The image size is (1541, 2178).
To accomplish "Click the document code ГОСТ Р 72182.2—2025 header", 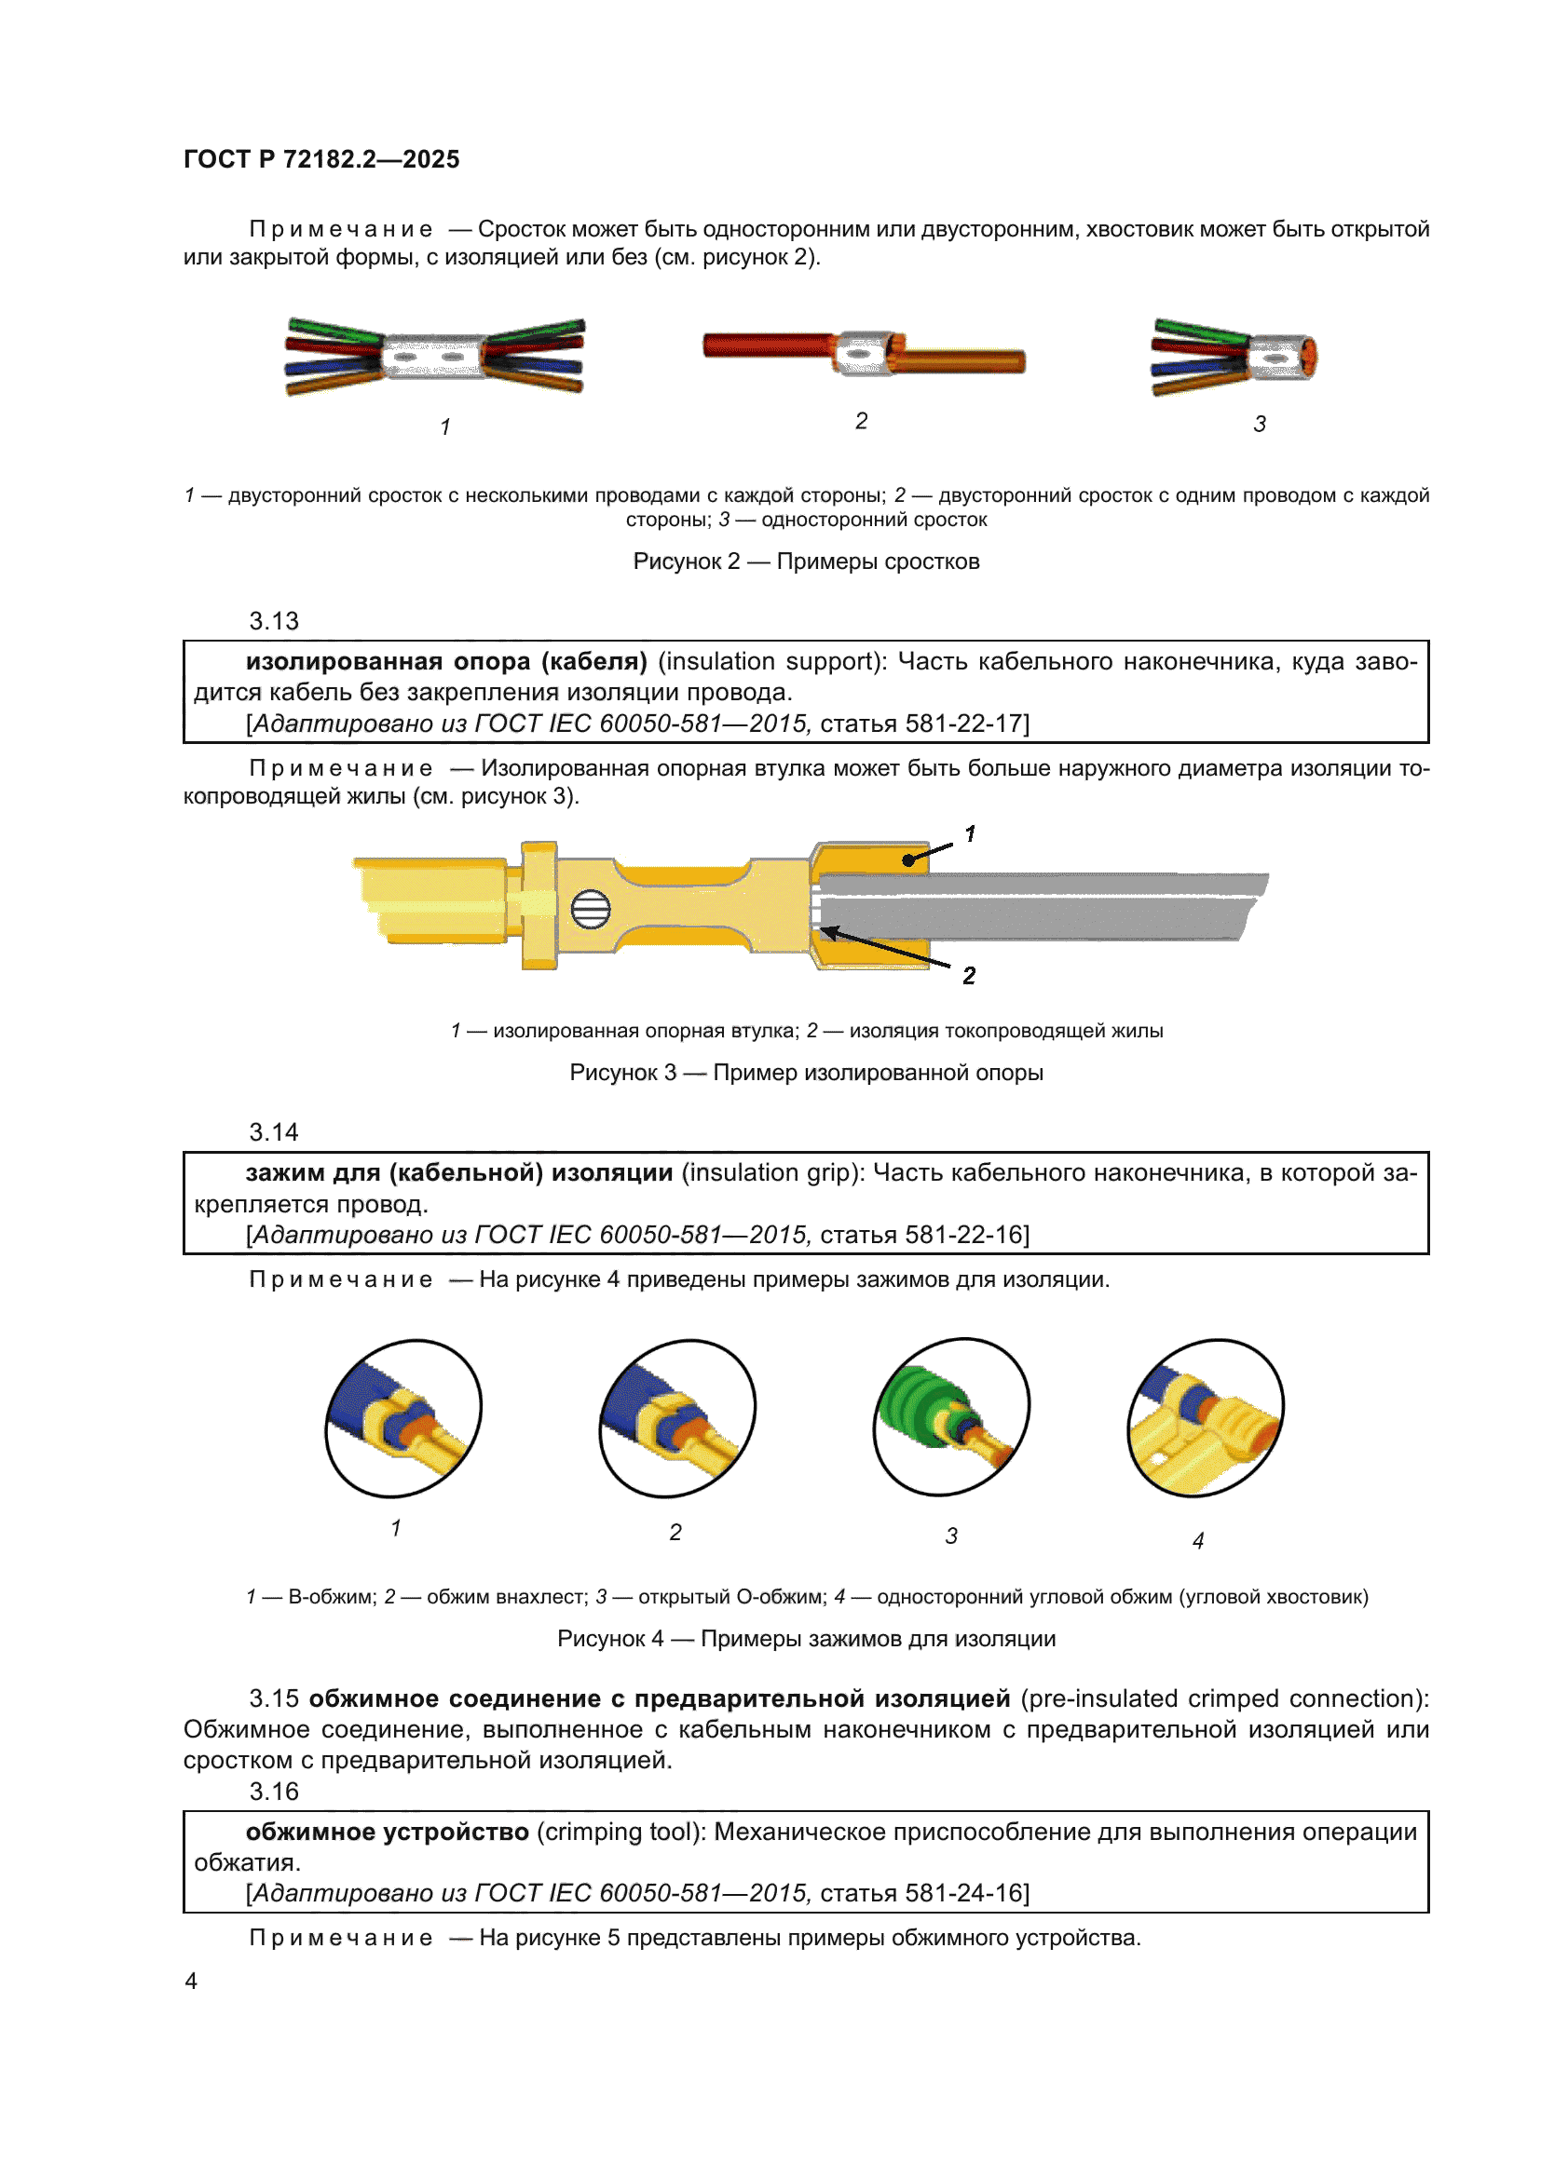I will click(x=320, y=159).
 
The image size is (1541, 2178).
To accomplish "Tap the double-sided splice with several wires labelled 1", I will click(x=434, y=357).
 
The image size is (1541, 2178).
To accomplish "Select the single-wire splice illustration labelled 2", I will click(x=864, y=354).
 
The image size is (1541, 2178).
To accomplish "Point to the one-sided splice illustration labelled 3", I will click(x=1234, y=357).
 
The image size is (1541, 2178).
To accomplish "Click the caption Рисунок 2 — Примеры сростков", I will click(x=806, y=561).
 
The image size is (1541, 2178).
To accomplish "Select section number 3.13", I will click(x=273, y=621).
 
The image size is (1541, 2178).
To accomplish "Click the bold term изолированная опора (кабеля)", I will click(x=446, y=661).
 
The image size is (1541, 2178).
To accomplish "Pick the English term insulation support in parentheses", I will click(x=770, y=661).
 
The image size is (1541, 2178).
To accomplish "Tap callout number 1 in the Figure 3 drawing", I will click(x=970, y=833).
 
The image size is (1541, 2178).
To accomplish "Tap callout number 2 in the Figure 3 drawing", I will click(x=969, y=975).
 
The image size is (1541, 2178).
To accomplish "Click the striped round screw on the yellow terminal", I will click(x=590, y=910).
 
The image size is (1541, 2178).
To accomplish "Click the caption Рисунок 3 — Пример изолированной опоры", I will click(x=806, y=1073).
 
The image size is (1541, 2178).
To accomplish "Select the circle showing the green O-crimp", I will click(x=951, y=1417).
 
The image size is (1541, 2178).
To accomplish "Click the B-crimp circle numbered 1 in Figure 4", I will click(x=403, y=1418).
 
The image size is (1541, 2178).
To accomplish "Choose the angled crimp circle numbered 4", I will click(x=1205, y=1418).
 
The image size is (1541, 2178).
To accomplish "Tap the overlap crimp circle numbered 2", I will click(x=676, y=1418).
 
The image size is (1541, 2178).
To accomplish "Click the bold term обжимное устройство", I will click(x=388, y=1832).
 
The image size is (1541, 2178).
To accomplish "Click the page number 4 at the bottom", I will click(x=191, y=1982).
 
